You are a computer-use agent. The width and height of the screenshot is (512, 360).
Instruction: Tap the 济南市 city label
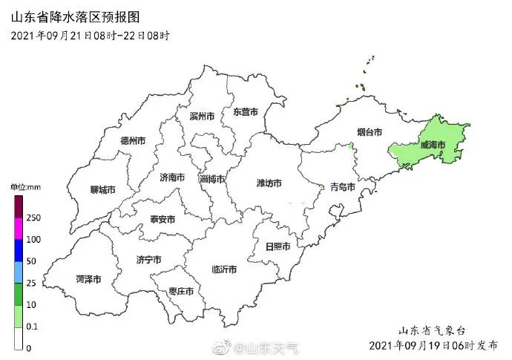[172, 177]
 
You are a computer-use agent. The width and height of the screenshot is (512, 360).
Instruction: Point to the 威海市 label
[433, 145]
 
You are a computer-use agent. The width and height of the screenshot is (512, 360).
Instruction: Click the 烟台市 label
[369, 132]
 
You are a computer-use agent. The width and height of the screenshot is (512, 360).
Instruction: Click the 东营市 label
[246, 112]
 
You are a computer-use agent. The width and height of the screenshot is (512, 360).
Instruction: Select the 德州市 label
[133, 140]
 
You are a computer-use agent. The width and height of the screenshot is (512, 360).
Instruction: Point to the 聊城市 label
[102, 189]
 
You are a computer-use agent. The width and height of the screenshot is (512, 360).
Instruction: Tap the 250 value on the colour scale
[33, 217]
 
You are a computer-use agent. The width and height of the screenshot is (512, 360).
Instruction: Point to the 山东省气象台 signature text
[433, 330]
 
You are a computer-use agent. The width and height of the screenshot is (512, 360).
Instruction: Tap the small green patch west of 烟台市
[350, 147]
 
